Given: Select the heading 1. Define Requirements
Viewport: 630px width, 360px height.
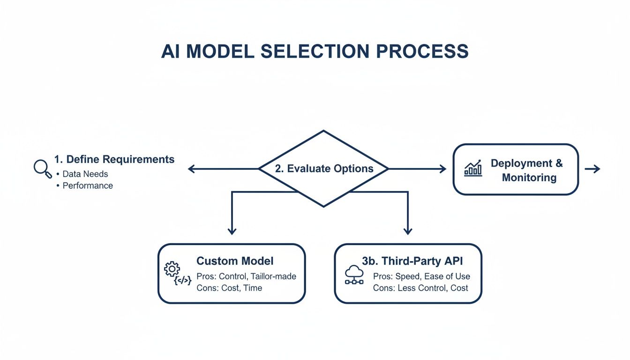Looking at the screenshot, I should pyautogui.click(x=114, y=159).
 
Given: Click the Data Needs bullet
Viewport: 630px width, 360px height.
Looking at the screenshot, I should pyautogui.click(x=85, y=174).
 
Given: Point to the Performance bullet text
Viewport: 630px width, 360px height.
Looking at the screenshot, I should pyautogui.click(x=88, y=186).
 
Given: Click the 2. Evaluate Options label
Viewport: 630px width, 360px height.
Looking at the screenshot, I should pyautogui.click(x=324, y=169).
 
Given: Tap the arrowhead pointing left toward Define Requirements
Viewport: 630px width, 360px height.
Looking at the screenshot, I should pyautogui.click(x=191, y=169).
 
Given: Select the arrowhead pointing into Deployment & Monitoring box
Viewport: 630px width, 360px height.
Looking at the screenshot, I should pyautogui.click(x=442, y=169).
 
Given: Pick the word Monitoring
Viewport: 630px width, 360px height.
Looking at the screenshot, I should pyautogui.click(x=529, y=178).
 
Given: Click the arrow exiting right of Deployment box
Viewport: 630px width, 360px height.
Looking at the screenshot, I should pyautogui.click(x=593, y=169).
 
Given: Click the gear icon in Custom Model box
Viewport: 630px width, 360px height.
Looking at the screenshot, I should pyautogui.click(x=172, y=269).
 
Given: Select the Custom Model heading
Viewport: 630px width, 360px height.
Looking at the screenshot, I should pyautogui.click(x=235, y=261).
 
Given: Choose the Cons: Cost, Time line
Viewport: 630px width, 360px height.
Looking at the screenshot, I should pyautogui.click(x=229, y=288).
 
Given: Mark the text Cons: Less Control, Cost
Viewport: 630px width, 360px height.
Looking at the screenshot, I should pyautogui.click(x=420, y=288).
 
